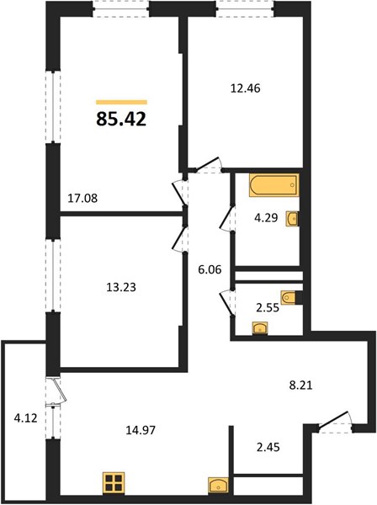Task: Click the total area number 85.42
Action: click(121, 120)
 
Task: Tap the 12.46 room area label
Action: click(246, 88)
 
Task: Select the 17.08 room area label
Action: click(82, 198)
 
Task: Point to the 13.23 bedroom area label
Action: click(121, 287)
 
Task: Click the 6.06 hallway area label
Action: click(210, 269)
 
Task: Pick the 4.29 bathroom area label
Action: click(266, 218)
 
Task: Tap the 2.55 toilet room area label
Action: click(268, 308)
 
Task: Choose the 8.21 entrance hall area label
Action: click(300, 385)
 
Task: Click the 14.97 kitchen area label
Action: click(141, 429)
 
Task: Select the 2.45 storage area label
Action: click(268, 447)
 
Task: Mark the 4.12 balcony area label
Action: click(26, 418)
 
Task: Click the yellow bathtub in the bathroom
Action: click(274, 185)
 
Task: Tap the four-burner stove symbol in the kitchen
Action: click(114, 482)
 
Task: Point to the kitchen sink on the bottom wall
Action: click(218, 486)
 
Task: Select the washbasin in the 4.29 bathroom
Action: click(293, 219)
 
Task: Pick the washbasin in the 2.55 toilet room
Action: click(261, 328)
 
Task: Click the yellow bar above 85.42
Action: click(121, 103)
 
